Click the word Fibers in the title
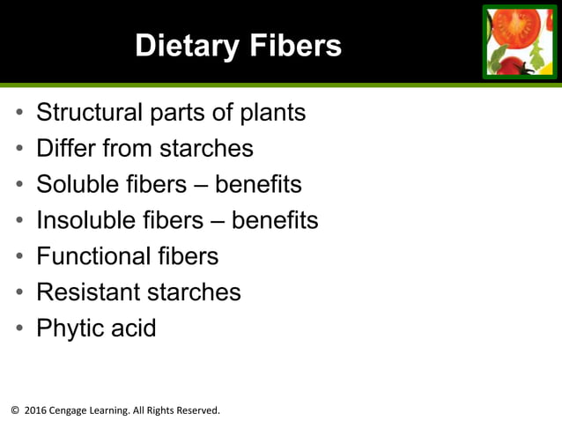(296, 46)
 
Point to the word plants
(269, 113)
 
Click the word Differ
(67, 148)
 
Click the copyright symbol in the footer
(13, 410)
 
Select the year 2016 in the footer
(34, 410)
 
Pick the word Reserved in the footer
(195, 410)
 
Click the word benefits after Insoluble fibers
(275, 220)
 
